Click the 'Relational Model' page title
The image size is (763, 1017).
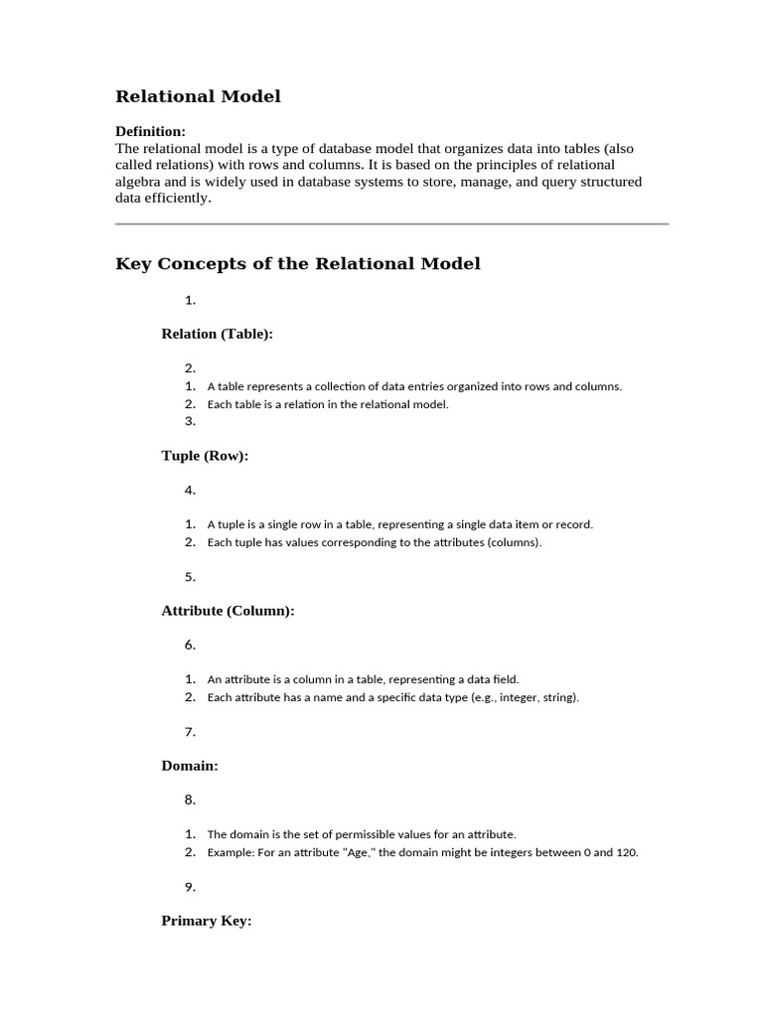coord(199,96)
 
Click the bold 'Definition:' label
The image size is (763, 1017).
coord(150,131)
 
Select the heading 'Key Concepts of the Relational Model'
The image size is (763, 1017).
coord(298,263)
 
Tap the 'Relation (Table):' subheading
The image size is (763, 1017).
coord(217,334)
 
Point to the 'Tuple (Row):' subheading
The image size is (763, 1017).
coord(205,456)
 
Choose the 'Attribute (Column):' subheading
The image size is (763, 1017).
coord(228,611)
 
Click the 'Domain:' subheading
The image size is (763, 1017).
coord(190,766)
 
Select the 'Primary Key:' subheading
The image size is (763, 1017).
coord(207,921)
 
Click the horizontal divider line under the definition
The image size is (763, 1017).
coord(391,224)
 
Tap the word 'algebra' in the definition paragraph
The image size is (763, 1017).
coord(140,182)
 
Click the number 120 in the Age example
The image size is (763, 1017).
coord(628,852)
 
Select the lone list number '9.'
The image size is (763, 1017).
coord(190,887)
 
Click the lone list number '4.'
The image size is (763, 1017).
coord(190,490)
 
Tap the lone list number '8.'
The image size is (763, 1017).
coord(190,799)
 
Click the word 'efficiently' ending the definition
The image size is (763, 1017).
coord(178,199)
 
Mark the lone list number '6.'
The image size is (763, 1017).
coord(190,645)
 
